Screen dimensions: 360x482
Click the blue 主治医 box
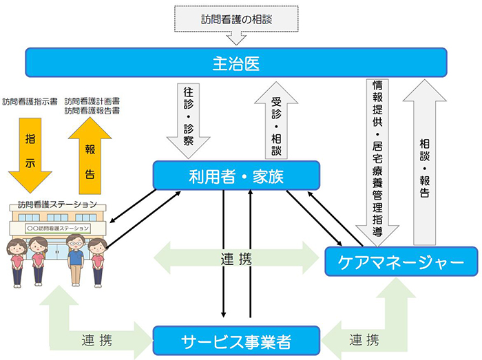coord(235,62)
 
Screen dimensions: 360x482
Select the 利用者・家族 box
coord(236,176)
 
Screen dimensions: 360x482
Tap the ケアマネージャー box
coord(401,262)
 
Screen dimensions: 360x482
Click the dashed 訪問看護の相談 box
coord(236,19)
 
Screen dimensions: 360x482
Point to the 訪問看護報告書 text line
coord(92,110)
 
